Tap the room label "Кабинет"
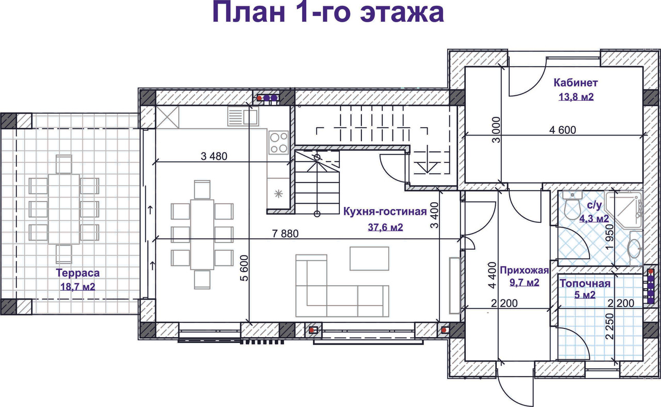576,83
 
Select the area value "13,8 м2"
576,96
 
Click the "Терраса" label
78,273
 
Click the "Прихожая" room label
524,269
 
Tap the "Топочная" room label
585,283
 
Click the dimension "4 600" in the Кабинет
563,130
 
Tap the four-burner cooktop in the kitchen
278,142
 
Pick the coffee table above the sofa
369,258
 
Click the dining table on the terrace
64,209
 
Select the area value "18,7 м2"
78,287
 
